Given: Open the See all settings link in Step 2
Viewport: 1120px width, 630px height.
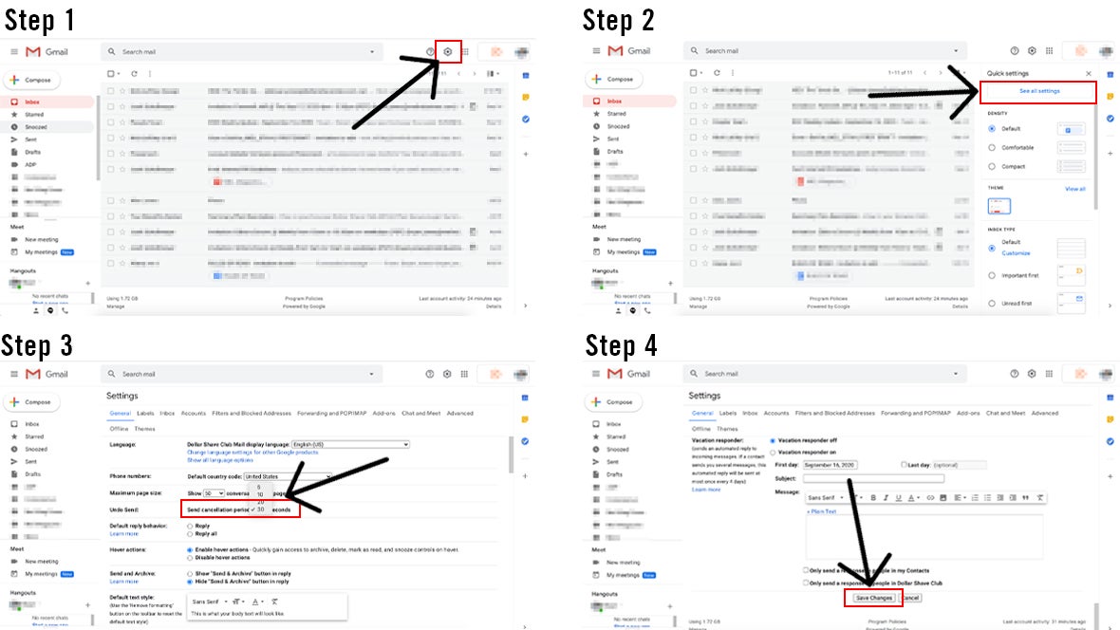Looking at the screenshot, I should tap(1038, 91).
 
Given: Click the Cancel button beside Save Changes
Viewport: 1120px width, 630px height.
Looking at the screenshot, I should tap(909, 598).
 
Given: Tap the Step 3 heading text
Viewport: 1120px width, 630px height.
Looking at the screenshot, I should tap(37, 344).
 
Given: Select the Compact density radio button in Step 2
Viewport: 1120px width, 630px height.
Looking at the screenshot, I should tap(992, 166).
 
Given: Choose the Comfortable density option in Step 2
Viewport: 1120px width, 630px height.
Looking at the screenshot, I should tap(992, 147).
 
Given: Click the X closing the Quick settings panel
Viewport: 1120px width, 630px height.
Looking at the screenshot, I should tap(1088, 73).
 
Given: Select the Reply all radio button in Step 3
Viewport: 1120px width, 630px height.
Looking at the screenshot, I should tap(192, 533).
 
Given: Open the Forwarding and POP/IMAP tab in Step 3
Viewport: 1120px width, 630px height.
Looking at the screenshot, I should tap(332, 414).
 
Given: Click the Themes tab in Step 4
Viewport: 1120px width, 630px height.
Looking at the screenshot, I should tap(727, 429).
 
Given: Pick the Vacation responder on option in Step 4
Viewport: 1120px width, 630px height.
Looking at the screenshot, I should tap(774, 453).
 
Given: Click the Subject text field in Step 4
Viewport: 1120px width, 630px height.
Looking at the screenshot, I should tap(873, 478).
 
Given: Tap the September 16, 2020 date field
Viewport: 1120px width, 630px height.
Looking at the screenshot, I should tap(849, 465).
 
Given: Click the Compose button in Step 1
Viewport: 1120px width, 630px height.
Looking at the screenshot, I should tap(33, 81).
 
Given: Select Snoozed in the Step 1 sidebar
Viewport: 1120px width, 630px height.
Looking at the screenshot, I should tap(36, 127).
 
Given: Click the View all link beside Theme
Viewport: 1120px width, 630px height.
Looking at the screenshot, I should tap(1074, 189).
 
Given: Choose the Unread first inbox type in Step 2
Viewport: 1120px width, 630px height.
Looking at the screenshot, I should tap(992, 304).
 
